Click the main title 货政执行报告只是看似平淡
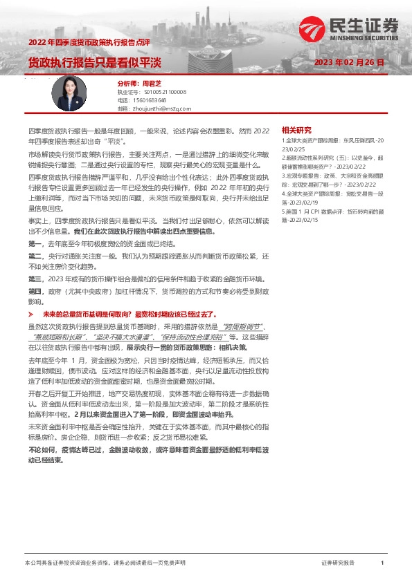point(94,62)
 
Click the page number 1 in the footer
point(382,563)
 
